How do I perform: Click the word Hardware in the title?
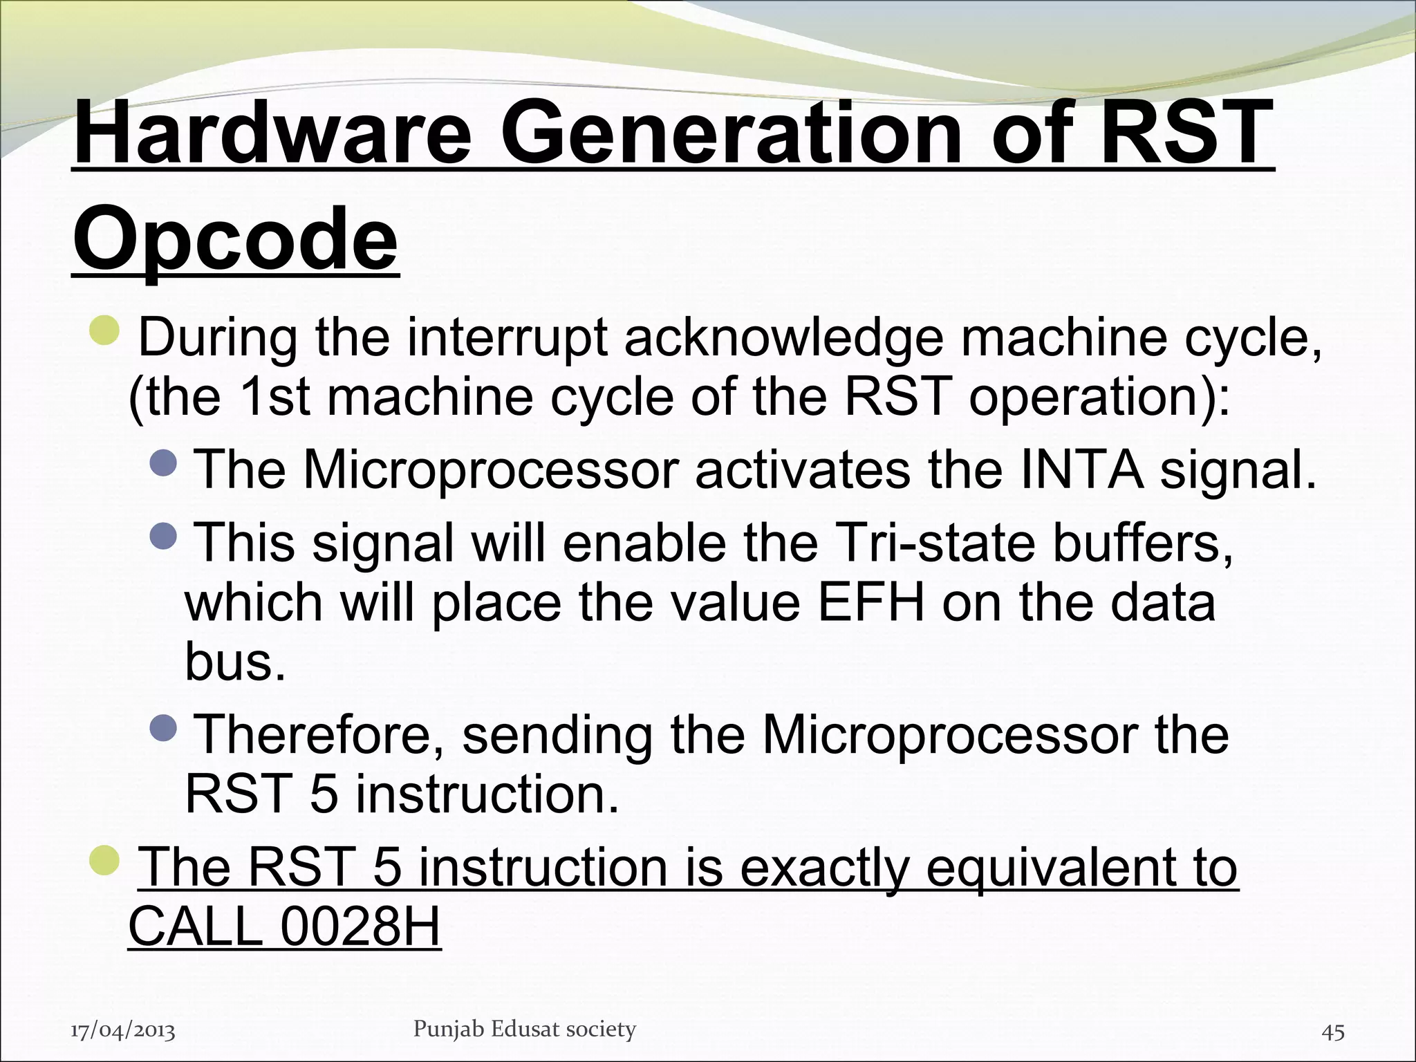pyautogui.click(x=272, y=131)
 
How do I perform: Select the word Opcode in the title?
pyautogui.click(x=236, y=239)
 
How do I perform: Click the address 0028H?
pyautogui.click(x=360, y=926)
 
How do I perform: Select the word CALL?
pyautogui.click(x=196, y=926)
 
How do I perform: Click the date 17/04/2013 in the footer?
pyautogui.click(x=123, y=1032)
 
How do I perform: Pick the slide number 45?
pyautogui.click(x=1333, y=1032)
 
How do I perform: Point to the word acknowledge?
pyautogui.click(x=784, y=339)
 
